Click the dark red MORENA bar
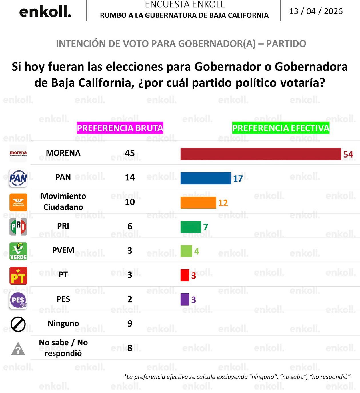point(261,154)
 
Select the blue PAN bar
point(205,178)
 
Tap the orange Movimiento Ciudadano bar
point(198,203)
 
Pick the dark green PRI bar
point(191,227)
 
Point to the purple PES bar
point(185,299)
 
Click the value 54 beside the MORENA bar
point(348,154)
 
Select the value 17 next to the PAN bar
point(238,179)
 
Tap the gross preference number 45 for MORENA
point(130,153)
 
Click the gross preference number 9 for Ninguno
point(130,323)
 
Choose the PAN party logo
point(18,178)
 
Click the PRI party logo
point(18,227)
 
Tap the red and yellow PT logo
point(18,276)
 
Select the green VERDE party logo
point(18,251)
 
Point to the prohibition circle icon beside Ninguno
point(18,324)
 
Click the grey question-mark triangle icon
point(18,349)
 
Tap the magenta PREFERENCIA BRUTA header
point(120,128)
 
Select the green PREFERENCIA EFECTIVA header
point(281,128)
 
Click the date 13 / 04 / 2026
point(316,11)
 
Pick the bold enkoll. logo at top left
point(45,12)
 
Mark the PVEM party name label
point(63,250)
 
